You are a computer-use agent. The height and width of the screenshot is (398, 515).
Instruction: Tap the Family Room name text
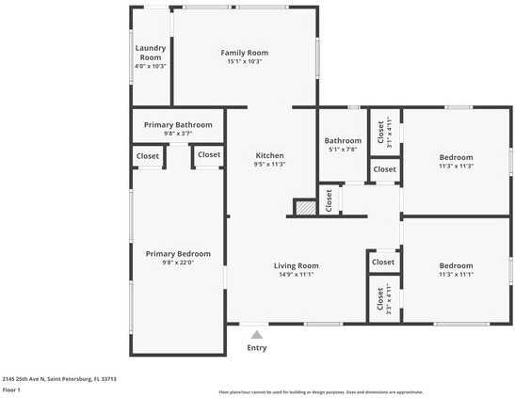coord(245,53)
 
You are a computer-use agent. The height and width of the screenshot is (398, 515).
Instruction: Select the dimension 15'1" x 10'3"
coord(245,62)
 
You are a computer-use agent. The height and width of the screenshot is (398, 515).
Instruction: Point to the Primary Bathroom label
coord(178,125)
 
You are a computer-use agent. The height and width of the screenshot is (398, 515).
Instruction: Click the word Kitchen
coord(270,155)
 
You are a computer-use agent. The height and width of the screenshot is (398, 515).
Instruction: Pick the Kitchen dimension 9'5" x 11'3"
coord(270,165)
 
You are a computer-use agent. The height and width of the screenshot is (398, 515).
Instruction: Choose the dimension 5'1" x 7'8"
coord(343,150)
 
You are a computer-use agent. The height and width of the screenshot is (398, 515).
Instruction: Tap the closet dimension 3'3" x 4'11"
coord(390,297)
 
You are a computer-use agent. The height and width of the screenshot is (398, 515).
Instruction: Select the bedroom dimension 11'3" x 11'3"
coord(456,166)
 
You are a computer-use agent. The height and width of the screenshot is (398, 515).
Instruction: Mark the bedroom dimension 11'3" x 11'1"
coord(456,275)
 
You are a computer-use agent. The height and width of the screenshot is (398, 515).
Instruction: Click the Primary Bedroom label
coord(178,254)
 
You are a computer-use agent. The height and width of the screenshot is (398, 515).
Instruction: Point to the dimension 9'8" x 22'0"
coord(178,263)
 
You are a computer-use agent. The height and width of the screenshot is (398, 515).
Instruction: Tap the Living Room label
coord(297,265)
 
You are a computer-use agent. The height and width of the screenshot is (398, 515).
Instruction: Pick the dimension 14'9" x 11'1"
coord(297,275)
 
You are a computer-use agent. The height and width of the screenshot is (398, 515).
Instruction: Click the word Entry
coord(257,347)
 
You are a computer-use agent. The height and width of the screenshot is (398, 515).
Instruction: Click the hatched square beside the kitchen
coord(304,208)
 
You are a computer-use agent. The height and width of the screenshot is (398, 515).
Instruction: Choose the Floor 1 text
coord(11,390)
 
